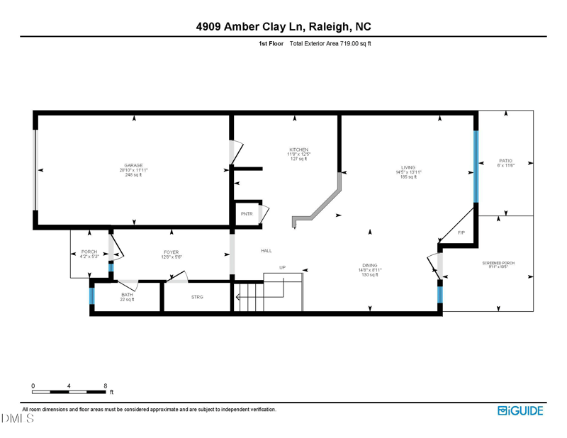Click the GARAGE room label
(x=133, y=165)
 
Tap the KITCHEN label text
(x=298, y=150)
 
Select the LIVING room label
(x=408, y=167)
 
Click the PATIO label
(x=505, y=161)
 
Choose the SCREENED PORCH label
(x=498, y=263)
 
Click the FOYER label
(x=172, y=252)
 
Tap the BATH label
(x=127, y=295)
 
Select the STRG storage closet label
(x=196, y=297)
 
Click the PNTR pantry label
(x=247, y=213)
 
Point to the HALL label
(x=266, y=250)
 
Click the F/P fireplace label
(x=461, y=232)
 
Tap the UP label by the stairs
(x=282, y=268)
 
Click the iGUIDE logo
(x=521, y=410)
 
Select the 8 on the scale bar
(x=105, y=386)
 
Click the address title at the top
(x=283, y=26)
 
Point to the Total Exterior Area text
(x=331, y=43)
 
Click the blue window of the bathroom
(x=91, y=294)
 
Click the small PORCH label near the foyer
(x=89, y=252)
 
